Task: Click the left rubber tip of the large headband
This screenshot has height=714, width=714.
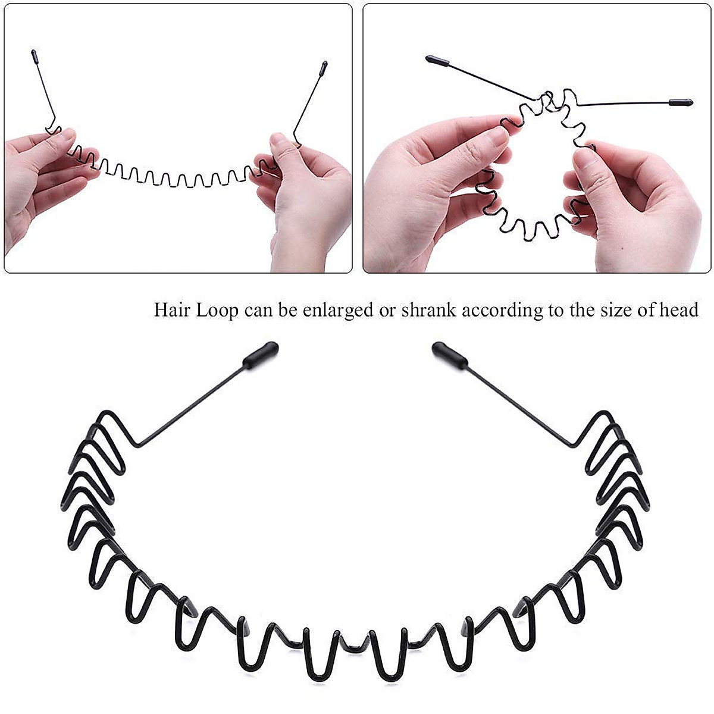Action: coord(261,355)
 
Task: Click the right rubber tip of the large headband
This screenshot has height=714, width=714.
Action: coord(450,355)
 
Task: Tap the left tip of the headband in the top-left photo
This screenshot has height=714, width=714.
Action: coord(34,58)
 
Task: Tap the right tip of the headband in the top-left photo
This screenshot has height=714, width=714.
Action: coord(324,68)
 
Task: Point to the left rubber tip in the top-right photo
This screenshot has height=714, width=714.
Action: coord(438,59)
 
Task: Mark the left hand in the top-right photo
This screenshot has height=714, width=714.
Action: coord(428,178)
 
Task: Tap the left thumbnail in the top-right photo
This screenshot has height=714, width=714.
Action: coord(497,136)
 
